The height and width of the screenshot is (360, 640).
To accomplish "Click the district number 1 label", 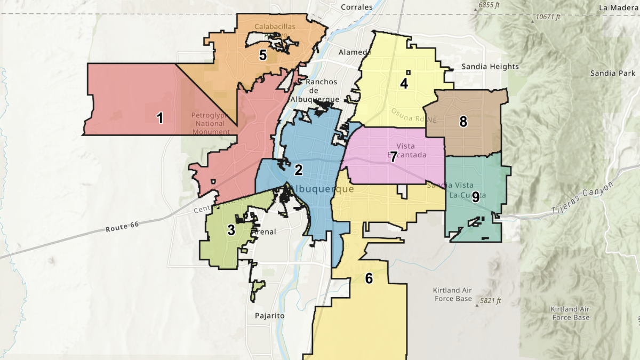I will click(x=159, y=118).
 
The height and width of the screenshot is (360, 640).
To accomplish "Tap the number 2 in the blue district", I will click(x=299, y=170).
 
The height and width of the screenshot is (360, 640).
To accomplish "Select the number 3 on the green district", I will click(x=231, y=230).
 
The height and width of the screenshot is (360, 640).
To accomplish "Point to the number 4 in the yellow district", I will click(x=404, y=83).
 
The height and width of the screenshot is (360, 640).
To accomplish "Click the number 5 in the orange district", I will click(x=262, y=55).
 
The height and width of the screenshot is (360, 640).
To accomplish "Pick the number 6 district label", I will click(x=369, y=278).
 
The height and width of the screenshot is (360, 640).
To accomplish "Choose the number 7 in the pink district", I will click(x=394, y=157).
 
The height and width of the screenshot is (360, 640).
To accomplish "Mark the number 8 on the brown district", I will click(x=463, y=122).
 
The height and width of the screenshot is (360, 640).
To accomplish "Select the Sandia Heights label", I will click(x=490, y=67).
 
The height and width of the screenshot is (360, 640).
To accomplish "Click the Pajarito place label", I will click(x=269, y=316).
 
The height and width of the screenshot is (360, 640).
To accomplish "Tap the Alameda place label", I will click(x=355, y=52).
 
